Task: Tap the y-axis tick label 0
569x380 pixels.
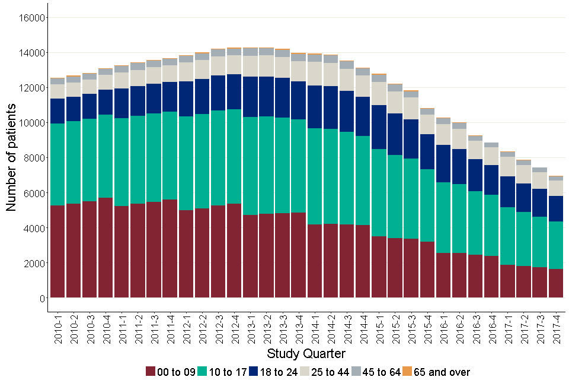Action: click(x=42, y=298)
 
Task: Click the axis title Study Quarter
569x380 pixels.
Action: click(x=306, y=354)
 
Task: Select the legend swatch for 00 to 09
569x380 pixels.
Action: click(x=152, y=372)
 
